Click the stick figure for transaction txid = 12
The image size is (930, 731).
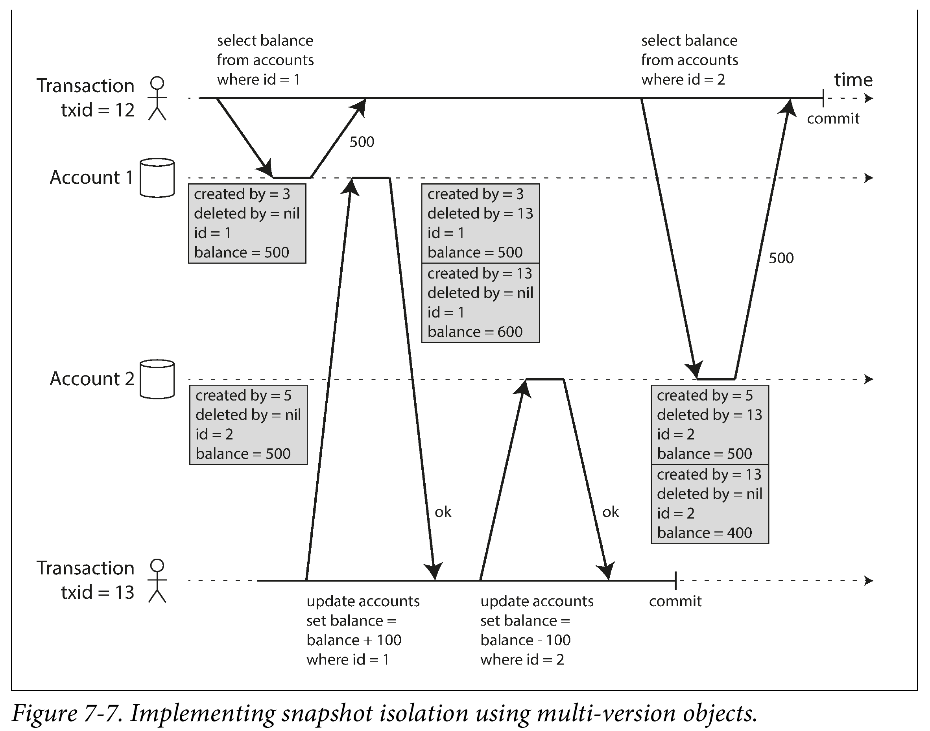click(157, 98)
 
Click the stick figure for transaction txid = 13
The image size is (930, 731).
click(157, 581)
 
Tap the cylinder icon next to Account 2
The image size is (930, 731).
click(157, 379)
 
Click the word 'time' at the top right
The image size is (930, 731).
click(853, 80)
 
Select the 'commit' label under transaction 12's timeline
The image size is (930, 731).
click(833, 118)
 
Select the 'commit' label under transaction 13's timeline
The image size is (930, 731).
click(675, 601)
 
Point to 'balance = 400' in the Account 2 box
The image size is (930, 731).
click(705, 533)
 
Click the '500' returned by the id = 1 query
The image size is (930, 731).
click(362, 142)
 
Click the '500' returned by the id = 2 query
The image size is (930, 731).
click(781, 258)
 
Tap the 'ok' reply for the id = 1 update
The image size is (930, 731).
click(443, 512)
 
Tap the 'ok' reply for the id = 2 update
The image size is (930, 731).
click(610, 512)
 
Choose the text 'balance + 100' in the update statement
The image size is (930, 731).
click(354, 640)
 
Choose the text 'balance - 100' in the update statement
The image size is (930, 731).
click(525, 640)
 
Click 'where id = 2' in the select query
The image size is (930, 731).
click(683, 79)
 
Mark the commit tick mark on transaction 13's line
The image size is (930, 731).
click(675, 581)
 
